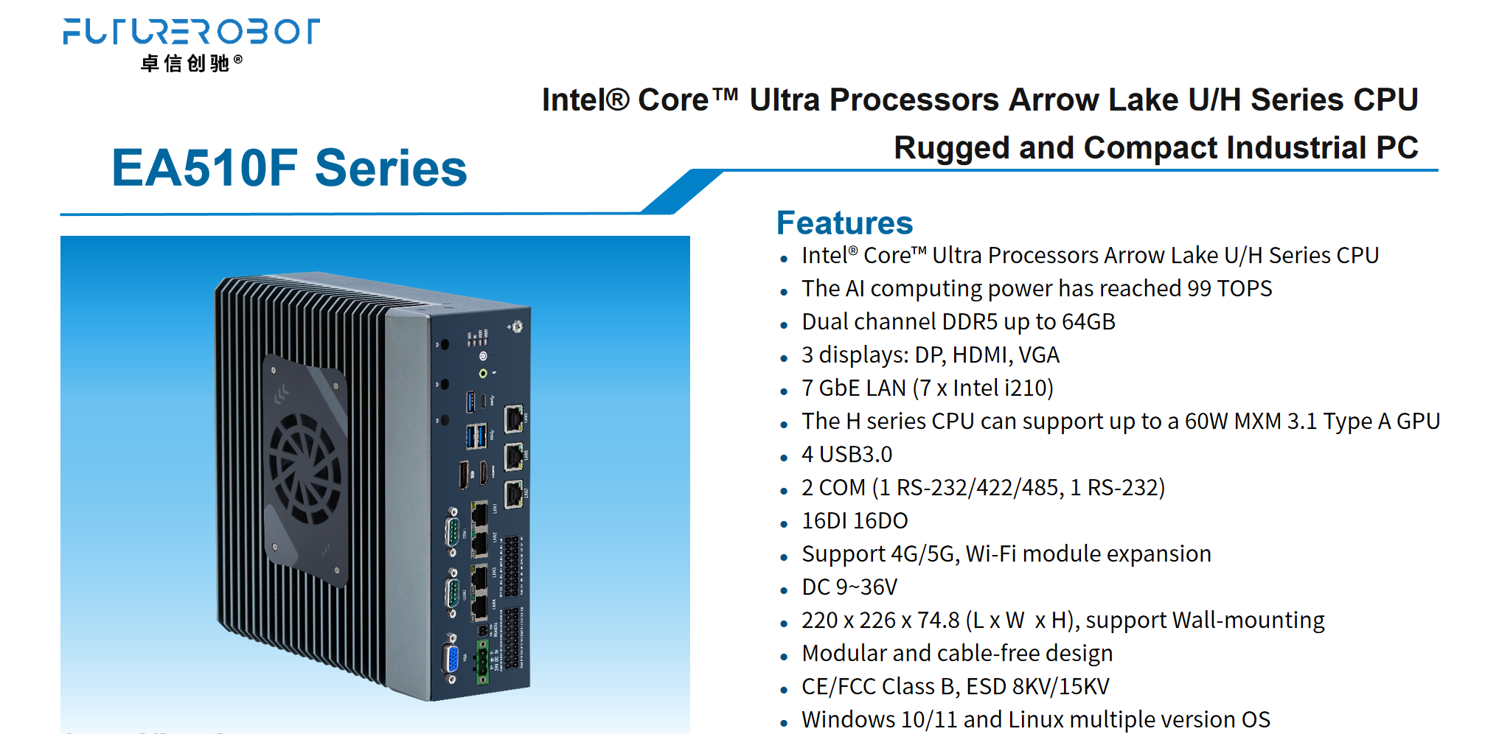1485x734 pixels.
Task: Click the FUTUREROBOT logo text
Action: coord(191,32)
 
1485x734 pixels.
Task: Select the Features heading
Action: coord(844,223)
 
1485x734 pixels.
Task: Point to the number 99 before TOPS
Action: coord(1199,288)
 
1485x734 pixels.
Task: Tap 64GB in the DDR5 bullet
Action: coord(1088,321)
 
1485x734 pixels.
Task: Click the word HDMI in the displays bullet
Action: coord(980,354)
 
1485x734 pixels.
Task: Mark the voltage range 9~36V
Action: coord(866,587)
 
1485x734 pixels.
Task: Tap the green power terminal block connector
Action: coord(482,661)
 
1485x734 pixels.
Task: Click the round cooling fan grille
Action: coord(305,468)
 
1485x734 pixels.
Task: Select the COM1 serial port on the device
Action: coord(453,531)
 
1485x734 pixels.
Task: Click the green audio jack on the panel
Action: coord(483,374)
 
